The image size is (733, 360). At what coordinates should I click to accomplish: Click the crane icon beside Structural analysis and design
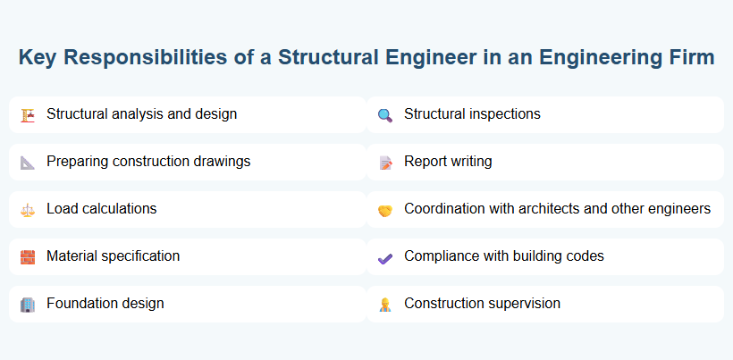28,114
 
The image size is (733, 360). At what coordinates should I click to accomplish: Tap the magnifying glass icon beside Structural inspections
385,114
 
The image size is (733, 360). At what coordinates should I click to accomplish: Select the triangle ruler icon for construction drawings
28,162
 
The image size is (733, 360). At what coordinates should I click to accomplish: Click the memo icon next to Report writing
385,163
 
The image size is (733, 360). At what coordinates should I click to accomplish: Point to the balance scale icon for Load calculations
28,209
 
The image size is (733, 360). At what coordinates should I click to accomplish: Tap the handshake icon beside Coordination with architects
385,210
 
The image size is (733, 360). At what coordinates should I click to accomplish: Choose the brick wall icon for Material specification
28,256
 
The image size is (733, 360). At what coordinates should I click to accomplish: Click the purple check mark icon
385,257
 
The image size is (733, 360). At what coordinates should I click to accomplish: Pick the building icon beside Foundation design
28,304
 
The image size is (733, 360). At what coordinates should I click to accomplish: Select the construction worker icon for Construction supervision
385,305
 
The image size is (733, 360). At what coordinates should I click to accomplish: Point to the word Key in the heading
38,58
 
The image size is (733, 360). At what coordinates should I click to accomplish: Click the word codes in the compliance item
584,255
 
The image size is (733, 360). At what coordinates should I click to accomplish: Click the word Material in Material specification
71,255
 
